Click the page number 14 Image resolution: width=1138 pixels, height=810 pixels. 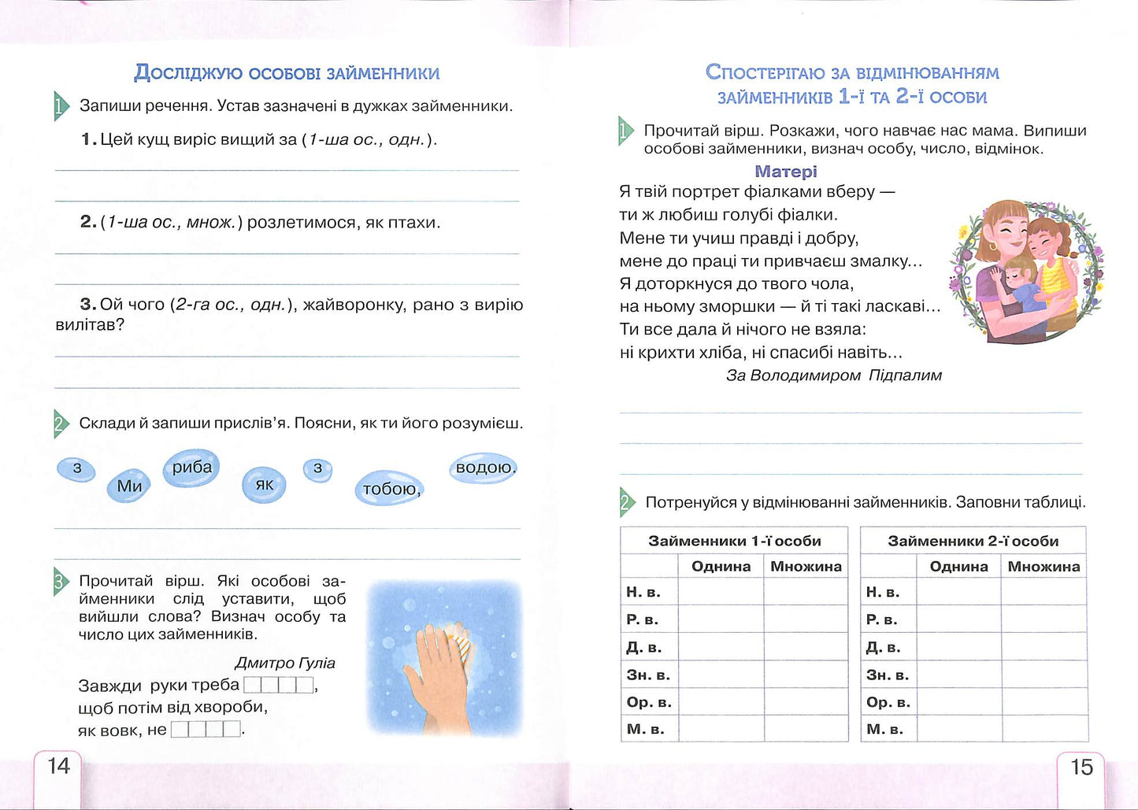[59, 766]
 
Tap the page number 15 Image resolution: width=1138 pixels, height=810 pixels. [1081, 767]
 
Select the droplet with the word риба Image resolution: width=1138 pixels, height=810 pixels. [191, 468]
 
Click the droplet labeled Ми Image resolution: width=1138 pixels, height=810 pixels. [129, 486]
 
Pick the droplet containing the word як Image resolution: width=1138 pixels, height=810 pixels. [264, 484]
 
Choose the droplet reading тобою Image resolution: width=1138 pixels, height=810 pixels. [390, 489]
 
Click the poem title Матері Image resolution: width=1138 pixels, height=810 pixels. [785, 172]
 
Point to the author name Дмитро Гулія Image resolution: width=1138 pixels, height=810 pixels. [285, 663]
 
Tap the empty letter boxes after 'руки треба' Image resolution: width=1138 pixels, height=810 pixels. [279, 685]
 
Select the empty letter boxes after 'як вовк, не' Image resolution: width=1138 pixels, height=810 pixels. [206, 730]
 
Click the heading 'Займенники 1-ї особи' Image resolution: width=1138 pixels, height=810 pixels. [734, 541]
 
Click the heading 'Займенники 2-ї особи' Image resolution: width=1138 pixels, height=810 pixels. [973, 541]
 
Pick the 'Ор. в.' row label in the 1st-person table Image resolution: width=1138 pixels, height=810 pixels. [647, 701]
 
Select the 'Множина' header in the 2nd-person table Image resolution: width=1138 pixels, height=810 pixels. [1043, 567]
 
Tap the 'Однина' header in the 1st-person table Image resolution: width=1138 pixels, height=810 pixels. [721, 567]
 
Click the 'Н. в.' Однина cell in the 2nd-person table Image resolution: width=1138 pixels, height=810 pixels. [958, 592]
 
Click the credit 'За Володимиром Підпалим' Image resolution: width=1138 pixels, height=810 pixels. [833, 375]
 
